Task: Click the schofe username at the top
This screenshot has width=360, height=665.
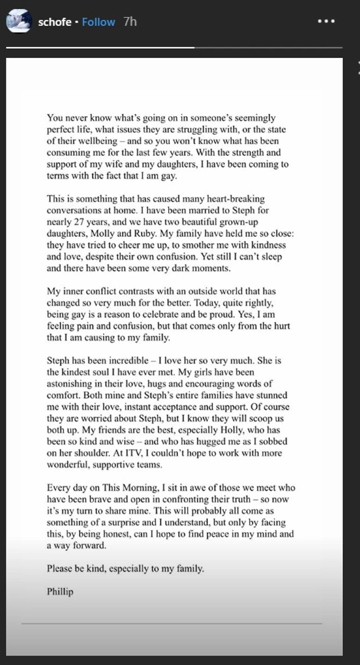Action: coord(55,22)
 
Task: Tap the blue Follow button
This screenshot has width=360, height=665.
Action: coord(98,22)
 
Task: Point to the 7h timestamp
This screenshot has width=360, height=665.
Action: coord(130,22)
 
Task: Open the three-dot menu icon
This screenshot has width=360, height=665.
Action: coord(326,21)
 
